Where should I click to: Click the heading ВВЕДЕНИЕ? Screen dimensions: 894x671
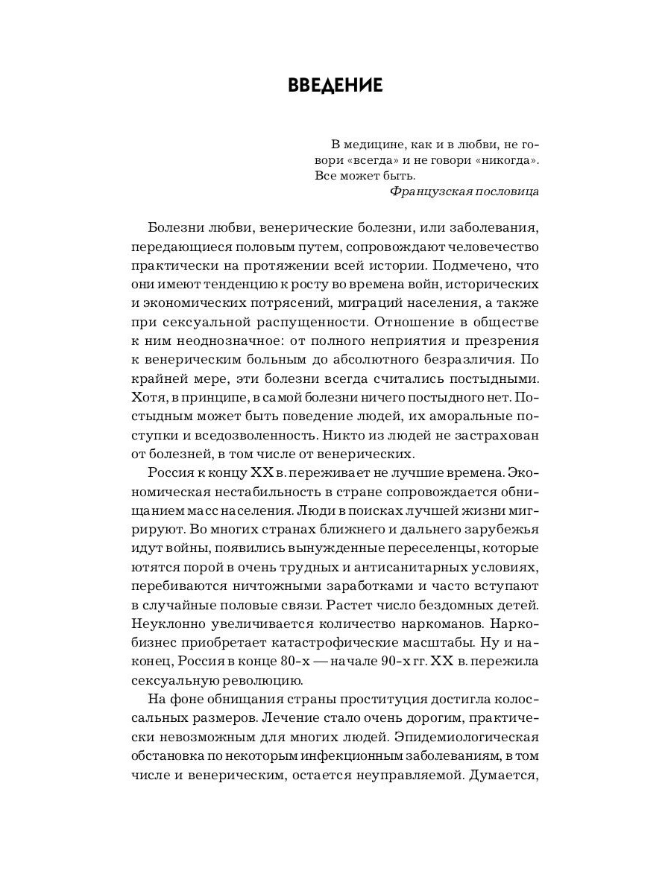pyautogui.click(x=335, y=86)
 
